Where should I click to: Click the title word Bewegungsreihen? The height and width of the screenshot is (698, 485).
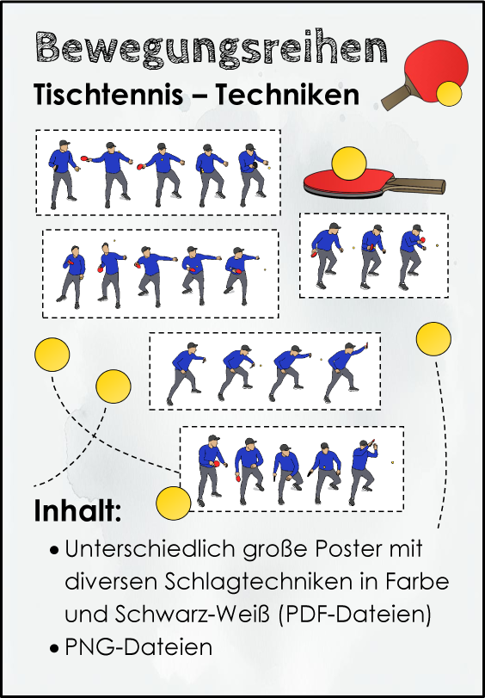pyautogui.click(x=211, y=49)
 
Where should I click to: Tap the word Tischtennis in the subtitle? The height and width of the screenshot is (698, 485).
pyautogui.click(x=109, y=95)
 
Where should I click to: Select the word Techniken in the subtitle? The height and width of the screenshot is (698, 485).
pyautogui.click(x=287, y=95)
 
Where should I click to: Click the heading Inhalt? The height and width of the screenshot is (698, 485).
pyautogui.click(x=78, y=511)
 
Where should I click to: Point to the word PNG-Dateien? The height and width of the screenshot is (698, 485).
pyautogui.click(x=138, y=647)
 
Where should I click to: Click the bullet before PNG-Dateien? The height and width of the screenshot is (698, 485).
pyautogui.click(x=54, y=649)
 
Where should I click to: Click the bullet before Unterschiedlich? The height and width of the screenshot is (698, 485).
pyautogui.click(x=54, y=551)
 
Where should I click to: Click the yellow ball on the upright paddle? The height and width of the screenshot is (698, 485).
pyautogui.click(x=449, y=94)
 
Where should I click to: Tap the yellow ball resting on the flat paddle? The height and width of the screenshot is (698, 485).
pyautogui.click(x=349, y=164)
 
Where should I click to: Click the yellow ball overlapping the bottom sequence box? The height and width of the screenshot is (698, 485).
pyautogui.click(x=174, y=503)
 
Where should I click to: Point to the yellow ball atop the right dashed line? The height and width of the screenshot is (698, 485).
pyautogui.click(x=433, y=339)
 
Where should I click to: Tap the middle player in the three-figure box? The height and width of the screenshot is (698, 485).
pyautogui.click(x=372, y=256)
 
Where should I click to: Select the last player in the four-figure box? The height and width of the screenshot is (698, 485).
pyautogui.click(x=346, y=373)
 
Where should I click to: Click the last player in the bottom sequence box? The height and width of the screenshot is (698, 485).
pyautogui.click(x=363, y=472)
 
